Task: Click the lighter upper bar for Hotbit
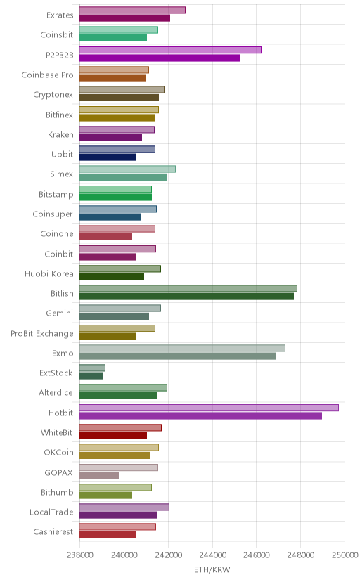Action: (209, 408)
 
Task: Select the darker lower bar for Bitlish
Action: (187, 296)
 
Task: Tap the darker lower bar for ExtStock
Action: (91, 376)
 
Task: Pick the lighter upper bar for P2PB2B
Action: (170, 50)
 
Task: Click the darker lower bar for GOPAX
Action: (99, 475)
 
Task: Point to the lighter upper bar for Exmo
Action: (182, 348)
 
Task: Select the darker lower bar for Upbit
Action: (108, 157)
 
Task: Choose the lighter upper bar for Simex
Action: (128, 169)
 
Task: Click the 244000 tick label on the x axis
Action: (212, 555)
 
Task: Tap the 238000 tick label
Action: (79, 555)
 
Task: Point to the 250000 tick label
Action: (345, 555)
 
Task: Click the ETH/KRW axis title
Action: (212, 570)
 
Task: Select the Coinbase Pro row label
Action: (48, 75)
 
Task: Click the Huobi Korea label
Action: (49, 274)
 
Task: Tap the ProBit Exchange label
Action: (42, 334)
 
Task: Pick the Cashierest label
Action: (53, 532)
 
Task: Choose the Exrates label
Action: (60, 15)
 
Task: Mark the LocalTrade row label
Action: (51, 512)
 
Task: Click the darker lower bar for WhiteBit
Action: (113, 436)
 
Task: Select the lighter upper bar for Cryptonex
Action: (122, 90)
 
